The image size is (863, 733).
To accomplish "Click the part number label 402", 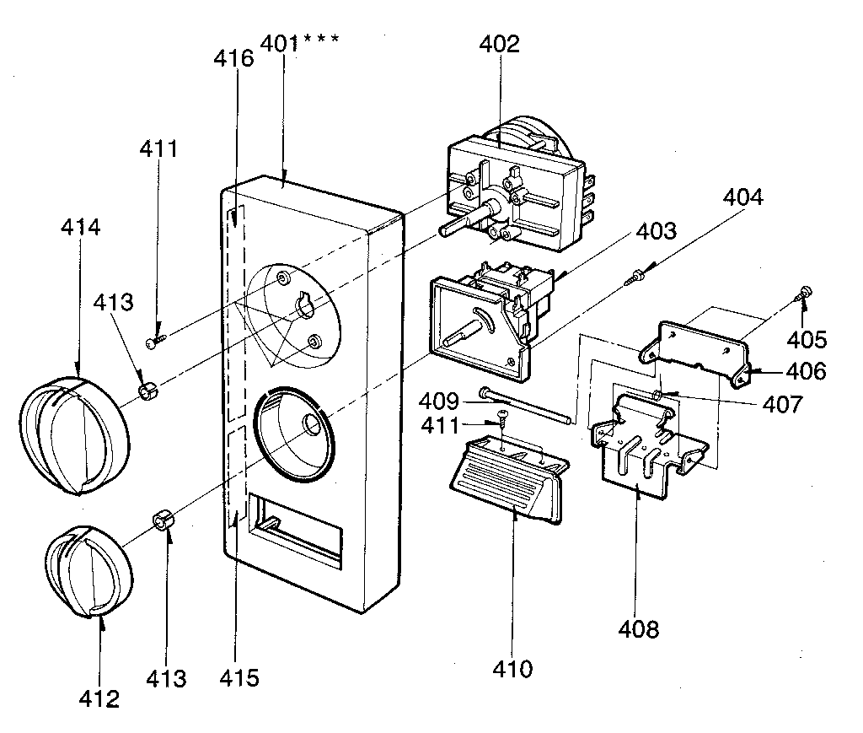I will point(501,45).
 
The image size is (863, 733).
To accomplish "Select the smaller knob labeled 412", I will point(88,571).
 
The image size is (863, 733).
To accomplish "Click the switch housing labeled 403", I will point(484,316).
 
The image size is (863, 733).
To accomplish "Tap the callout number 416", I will point(233,58).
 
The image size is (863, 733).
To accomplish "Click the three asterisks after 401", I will point(322,40).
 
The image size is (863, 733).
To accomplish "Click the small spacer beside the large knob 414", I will point(148,390).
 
